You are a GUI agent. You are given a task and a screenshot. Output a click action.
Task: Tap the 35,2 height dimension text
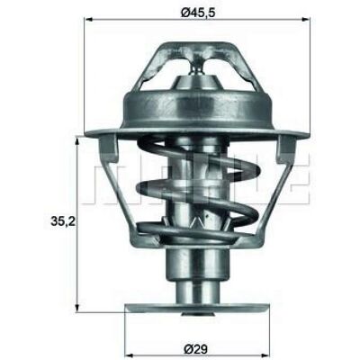coord(64,221)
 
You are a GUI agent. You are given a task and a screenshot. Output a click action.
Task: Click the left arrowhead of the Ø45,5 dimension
coord(89,20)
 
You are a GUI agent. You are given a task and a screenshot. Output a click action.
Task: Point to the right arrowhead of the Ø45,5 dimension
coord(305,20)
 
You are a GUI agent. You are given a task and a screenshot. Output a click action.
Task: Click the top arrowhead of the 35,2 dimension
coord(77,139)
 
